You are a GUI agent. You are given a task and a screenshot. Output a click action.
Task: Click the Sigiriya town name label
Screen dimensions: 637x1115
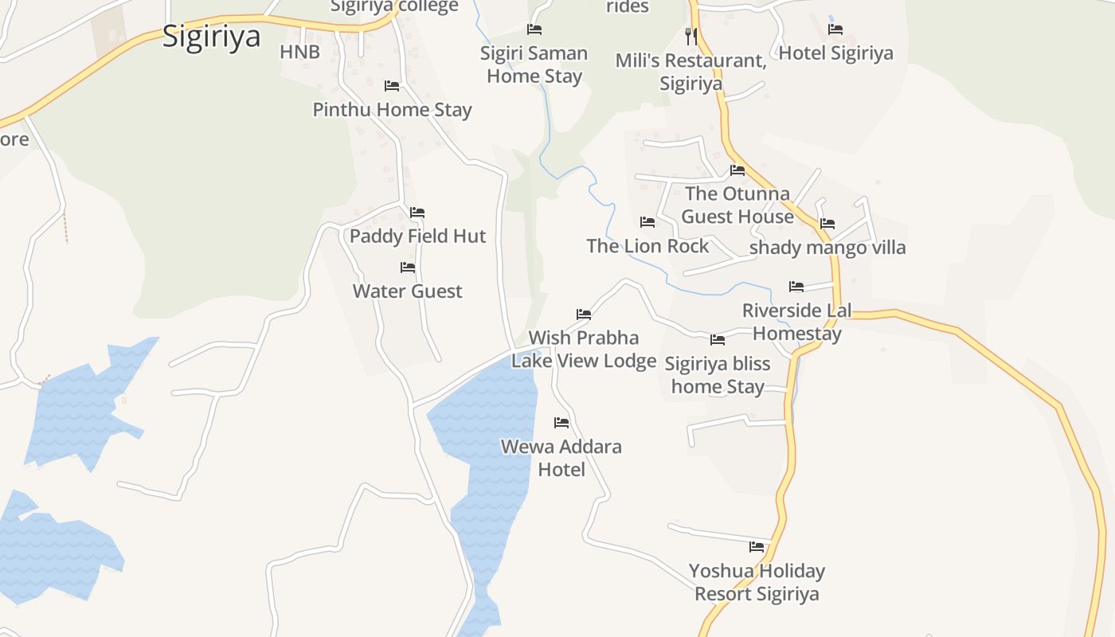pos(211,37)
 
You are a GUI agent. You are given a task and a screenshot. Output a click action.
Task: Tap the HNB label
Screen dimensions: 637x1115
pos(299,53)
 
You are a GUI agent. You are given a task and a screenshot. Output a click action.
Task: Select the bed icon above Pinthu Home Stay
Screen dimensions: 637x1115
pos(392,86)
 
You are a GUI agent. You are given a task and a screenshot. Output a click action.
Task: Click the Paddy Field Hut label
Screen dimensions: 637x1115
pos(417,236)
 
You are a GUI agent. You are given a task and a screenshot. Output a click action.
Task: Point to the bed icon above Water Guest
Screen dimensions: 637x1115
pos(408,268)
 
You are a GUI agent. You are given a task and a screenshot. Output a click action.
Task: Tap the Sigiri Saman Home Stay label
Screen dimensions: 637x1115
pos(534,64)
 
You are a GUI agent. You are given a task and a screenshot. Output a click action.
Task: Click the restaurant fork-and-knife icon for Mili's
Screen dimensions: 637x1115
pos(691,36)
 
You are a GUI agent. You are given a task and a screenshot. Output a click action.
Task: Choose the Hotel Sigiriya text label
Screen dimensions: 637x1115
pos(835,53)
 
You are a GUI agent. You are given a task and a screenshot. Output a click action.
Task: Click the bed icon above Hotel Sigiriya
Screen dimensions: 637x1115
pos(835,29)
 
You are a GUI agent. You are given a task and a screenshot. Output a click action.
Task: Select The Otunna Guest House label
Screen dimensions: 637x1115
pos(737,205)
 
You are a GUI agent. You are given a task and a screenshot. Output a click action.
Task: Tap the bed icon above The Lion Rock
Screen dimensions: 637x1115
pos(647,222)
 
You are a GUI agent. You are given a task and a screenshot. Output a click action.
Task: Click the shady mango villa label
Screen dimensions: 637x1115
pos(827,248)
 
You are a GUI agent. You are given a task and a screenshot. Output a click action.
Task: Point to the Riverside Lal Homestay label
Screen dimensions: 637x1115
pos(797,322)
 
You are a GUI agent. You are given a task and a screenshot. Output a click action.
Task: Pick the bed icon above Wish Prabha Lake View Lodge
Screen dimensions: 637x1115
pos(584,315)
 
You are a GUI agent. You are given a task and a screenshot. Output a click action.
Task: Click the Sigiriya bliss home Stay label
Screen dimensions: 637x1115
pos(718,375)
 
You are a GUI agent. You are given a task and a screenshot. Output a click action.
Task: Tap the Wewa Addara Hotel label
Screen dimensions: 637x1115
pos(561,458)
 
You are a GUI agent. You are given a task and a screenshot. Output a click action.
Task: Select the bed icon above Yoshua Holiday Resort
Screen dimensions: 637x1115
pos(757,547)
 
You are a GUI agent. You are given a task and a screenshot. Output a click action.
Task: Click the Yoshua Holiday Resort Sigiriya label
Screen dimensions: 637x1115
pos(757,582)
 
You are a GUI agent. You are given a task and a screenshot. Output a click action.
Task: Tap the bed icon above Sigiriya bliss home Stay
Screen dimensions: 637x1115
pos(718,340)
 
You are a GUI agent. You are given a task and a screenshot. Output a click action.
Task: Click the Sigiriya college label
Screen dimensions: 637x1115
pos(394,7)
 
